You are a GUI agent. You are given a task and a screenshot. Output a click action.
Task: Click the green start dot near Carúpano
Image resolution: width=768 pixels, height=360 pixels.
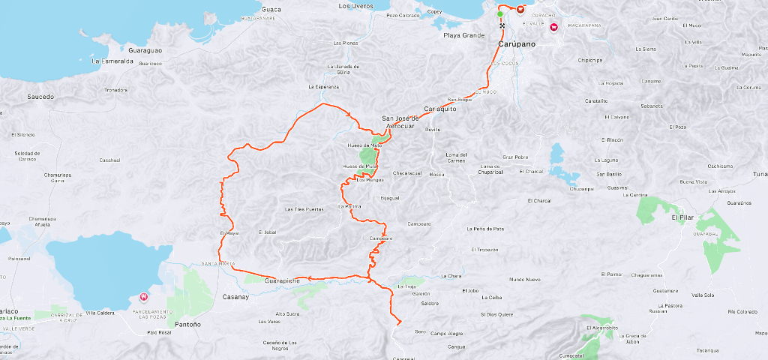point(500,14)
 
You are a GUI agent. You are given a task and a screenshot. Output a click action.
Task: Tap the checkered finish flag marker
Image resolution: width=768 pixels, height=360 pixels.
point(502,25)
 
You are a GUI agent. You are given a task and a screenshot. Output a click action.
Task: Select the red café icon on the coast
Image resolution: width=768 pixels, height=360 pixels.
point(520,9)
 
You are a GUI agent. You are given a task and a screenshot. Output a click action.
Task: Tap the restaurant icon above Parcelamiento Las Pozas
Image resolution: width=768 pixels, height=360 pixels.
point(145,298)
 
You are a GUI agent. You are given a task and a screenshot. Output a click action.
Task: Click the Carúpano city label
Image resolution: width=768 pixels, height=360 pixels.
point(517,45)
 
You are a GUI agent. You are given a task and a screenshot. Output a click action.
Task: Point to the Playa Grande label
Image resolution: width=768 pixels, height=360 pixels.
point(463,35)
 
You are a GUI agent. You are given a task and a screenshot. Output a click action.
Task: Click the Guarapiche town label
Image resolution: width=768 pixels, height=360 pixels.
point(283,280)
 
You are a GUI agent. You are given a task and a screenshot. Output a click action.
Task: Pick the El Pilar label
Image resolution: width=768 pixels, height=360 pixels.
point(684,217)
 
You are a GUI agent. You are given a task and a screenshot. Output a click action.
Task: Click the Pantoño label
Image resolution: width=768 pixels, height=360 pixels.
point(187,325)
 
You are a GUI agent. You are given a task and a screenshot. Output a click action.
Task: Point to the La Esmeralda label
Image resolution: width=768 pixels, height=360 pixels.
point(112,61)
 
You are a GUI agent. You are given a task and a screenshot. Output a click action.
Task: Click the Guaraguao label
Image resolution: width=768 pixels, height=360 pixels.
point(145,50)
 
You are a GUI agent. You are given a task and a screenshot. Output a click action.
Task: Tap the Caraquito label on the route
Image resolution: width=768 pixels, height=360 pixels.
point(440,109)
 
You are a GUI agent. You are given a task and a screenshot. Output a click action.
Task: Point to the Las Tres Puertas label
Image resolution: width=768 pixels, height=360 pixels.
point(304,209)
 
